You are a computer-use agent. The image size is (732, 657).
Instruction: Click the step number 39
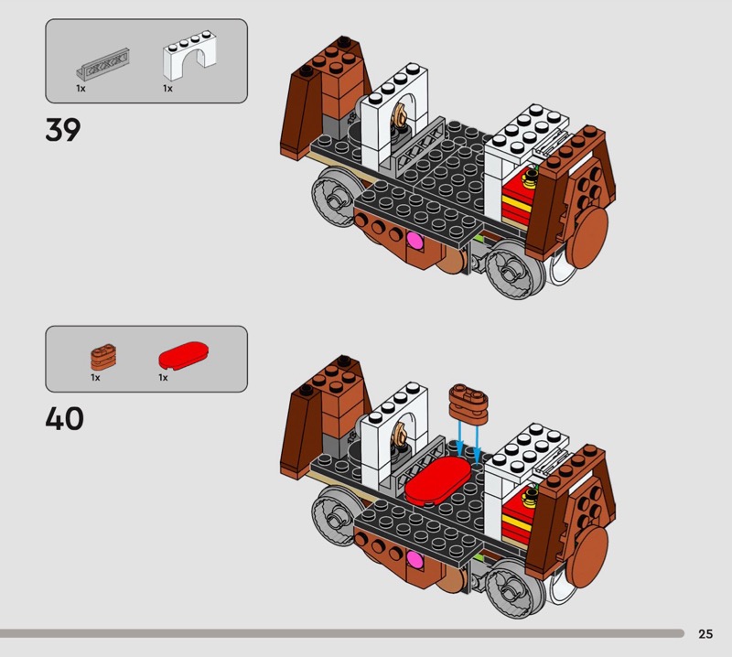tap(63, 129)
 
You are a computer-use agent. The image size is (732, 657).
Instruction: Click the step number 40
tap(64, 418)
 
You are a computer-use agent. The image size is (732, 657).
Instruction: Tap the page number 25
tap(705, 633)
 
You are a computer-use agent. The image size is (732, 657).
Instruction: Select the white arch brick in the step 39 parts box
tap(189, 55)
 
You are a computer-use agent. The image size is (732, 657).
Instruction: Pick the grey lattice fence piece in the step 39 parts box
tap(102, 64)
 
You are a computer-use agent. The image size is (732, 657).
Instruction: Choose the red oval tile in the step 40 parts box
tap(184, 355)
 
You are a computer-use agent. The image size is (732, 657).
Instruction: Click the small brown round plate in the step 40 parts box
tap(103, 357)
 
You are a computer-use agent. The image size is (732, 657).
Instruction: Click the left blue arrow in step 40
tap(460, 437)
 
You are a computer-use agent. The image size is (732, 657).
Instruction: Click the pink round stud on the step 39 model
tap(414, 242)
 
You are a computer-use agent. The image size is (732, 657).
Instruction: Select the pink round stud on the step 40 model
tap(414, 559)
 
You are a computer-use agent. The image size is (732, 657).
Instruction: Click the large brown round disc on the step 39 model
tap(590, 238)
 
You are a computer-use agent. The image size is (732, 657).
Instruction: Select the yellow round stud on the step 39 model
tap(531, 178)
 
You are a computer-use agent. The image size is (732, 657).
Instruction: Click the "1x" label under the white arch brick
tap(167, 88)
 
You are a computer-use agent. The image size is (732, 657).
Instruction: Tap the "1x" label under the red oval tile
tap(163, 377)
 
